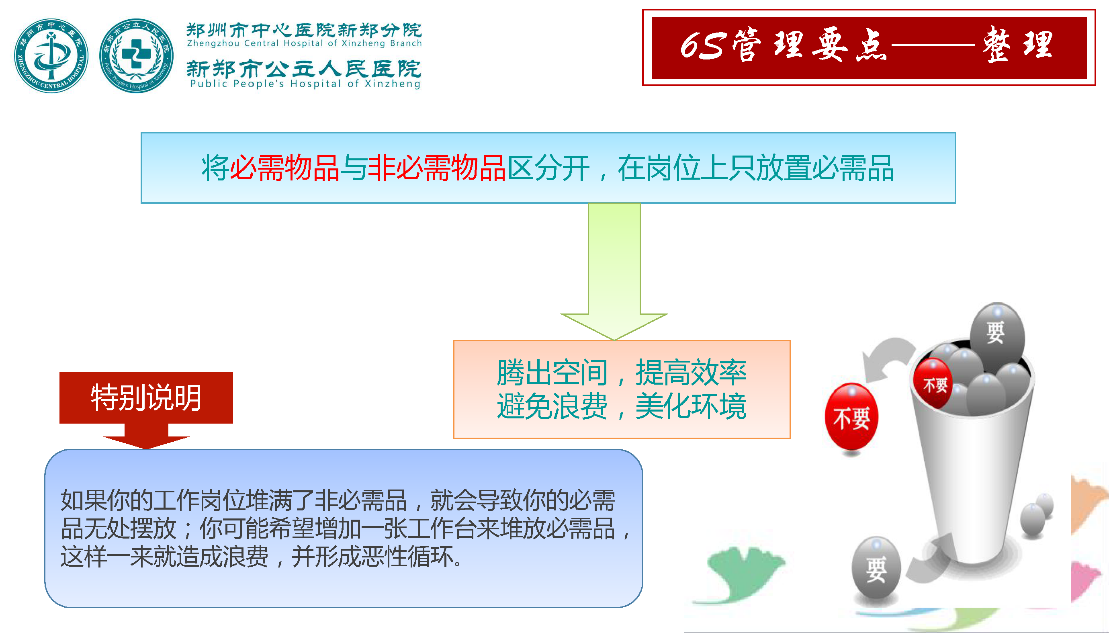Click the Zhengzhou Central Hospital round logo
[51, 55]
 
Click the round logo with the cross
[137, 55]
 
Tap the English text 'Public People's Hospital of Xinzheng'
[305, 84]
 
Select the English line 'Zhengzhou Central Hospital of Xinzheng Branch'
[304, 43]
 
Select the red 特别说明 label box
[146, 397]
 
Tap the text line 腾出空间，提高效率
[622, 373]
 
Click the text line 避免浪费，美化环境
[622, 406]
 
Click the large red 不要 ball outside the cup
[851, 416]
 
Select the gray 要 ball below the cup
[876, 568]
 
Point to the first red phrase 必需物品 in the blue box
[284, 168]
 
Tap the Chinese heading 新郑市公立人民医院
[304, 68]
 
